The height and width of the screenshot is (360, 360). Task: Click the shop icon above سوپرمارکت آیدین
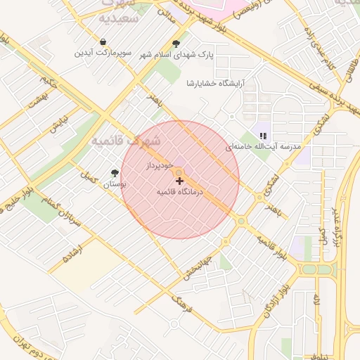[103, 42]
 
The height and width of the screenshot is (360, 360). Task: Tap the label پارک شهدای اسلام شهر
[175, 54]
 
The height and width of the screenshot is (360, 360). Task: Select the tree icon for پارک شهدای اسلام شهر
[176, 44]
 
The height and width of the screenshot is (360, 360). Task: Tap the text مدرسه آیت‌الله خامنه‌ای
[263, 147]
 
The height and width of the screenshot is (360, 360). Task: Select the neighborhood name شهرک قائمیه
[125, 141]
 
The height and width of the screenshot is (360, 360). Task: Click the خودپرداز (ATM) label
[158, 166]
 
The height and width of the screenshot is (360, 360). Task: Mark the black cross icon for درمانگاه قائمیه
[179, 181]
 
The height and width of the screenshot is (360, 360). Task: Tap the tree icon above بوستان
[115, 172]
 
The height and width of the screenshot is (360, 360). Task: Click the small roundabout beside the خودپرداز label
[179, 172]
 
